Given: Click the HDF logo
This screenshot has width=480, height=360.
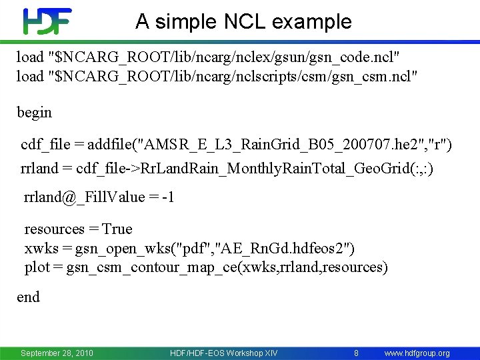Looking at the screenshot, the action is [x=47, y=21].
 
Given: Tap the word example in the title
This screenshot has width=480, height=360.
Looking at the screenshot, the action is [x=316, y=22].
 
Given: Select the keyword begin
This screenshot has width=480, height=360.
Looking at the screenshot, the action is [x=34, y=111].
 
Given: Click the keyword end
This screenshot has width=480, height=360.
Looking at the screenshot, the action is [x=28, y=297].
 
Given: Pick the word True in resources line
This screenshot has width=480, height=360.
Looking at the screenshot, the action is [x=118, y=229].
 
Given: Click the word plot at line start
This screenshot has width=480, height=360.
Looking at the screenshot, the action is [x=37, y=267].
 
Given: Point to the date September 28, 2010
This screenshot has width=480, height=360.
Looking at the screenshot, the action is [x=57, y=353].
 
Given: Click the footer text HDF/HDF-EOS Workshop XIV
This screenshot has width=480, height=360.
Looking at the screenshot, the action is [x=224, y=353].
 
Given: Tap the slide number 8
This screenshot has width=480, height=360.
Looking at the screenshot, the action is [x=357, y=353].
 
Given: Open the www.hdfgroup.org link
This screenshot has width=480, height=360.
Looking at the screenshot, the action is [x=417, y=353].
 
